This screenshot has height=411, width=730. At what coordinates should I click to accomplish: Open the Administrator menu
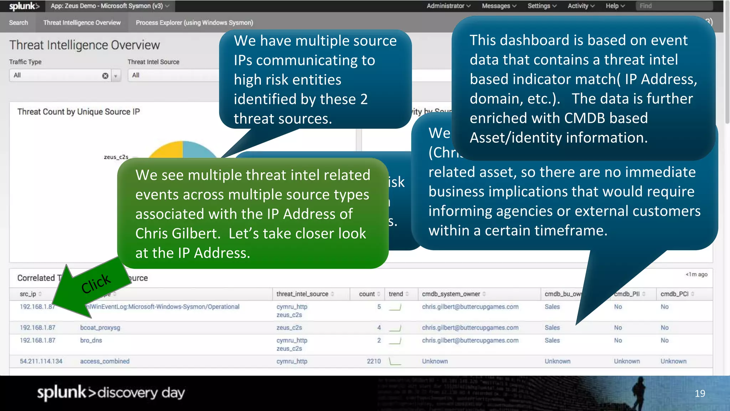(448, 6)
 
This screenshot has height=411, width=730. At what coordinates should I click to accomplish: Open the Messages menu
(499, 6)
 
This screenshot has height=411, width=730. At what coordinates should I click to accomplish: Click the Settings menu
(542, 6)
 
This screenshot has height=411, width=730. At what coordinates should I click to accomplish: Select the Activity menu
(581, 6)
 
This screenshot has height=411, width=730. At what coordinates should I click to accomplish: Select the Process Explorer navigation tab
(194, 23)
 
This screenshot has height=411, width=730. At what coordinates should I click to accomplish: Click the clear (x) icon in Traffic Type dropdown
(105, 76)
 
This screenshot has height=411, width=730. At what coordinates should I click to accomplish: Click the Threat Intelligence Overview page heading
(84, 45)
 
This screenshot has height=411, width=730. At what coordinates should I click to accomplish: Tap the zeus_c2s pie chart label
(116, 157)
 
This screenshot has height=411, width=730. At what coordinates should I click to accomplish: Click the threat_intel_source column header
(302, 294)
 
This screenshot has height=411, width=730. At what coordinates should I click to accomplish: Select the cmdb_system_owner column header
(451, 294)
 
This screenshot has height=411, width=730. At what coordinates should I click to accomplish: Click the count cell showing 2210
(374, 361)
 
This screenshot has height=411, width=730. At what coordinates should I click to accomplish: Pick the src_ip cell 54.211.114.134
(41, 361)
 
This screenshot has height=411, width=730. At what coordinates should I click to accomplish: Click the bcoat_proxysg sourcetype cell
(100, 328)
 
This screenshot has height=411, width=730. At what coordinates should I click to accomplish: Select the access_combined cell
(105, 361)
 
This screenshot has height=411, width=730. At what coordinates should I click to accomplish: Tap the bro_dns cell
(91, 340)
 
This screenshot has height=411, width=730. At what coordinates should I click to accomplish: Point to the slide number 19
(700, 394)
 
